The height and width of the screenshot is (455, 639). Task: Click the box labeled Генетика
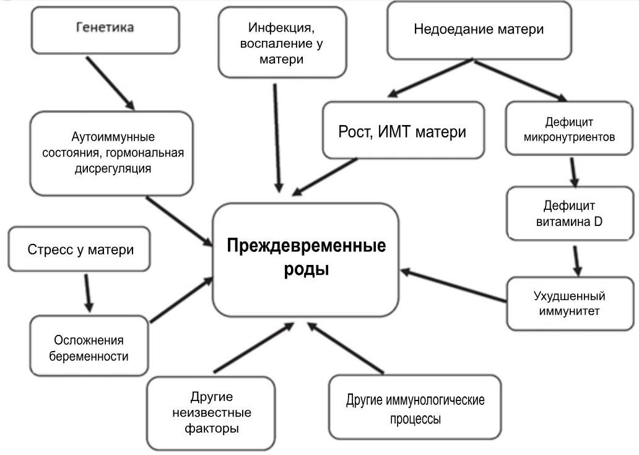pos(105,30)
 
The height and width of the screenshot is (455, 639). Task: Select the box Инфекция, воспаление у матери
pos(282,42)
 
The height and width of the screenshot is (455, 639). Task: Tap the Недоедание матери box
pos(479,30)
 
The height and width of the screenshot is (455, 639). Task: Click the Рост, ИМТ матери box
pos(403,130)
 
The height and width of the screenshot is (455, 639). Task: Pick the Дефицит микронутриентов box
pos(569,128)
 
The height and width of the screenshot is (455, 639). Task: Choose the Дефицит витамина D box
pos(569,214)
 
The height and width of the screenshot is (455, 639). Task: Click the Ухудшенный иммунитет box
pos(569,303)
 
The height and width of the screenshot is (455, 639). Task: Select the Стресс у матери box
pos(79,249)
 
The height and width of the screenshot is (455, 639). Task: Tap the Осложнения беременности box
pos(89,345)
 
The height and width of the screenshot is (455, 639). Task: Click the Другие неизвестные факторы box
pos(211,413)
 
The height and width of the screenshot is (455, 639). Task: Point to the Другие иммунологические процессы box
pos(415,407)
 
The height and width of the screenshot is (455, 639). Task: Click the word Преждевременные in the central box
pos(306,246)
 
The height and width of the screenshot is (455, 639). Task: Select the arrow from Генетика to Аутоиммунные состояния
pos(110,83)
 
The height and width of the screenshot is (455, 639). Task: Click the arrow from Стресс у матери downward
pos(88,293)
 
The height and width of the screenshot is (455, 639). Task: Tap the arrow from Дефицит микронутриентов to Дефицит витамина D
pos(573,173)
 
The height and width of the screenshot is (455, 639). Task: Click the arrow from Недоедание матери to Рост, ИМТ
pos(430,78)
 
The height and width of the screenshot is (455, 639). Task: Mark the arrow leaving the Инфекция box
pos(277,138)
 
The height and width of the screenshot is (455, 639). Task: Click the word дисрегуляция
pos(113,168)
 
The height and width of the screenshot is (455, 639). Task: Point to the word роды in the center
pos(306,269)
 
